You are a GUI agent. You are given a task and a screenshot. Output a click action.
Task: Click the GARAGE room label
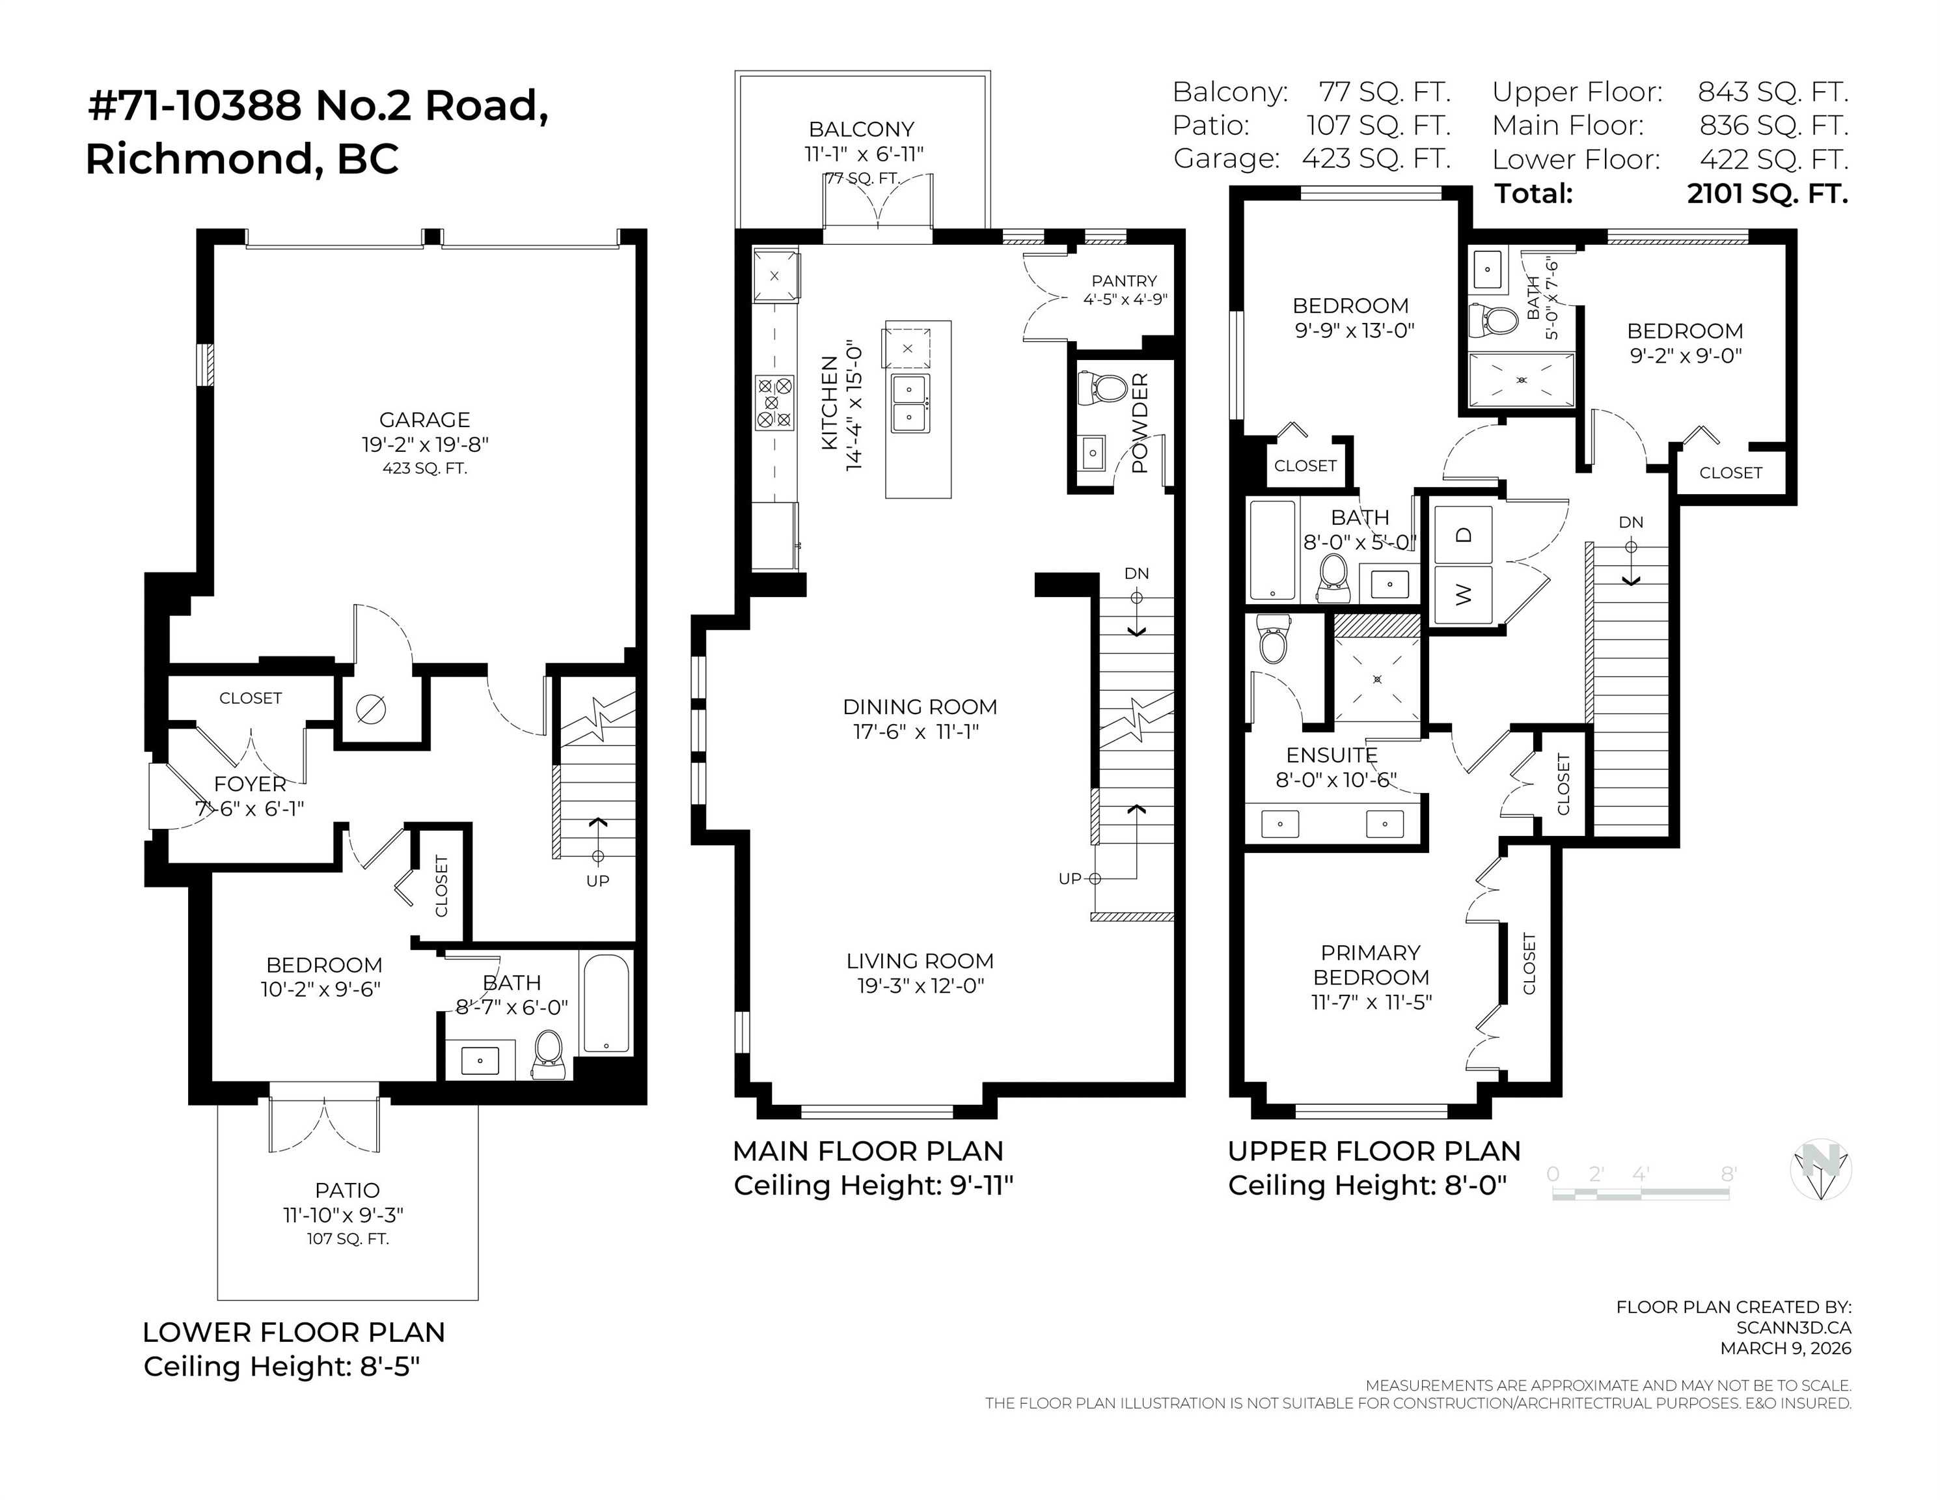(424, 419)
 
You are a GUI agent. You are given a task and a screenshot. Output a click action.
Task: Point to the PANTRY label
(1125, 281)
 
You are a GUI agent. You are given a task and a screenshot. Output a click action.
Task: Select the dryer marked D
(1463, 534)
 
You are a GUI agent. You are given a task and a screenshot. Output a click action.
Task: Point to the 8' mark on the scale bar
(1728, 1174)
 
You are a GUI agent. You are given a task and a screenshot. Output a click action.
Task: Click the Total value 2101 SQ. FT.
(1768, 193)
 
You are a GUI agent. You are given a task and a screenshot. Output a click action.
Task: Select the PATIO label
(348, 1190)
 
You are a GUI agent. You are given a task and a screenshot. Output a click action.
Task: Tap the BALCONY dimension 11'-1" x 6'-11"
(864, 154)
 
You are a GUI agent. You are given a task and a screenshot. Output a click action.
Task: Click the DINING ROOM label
(920, 706)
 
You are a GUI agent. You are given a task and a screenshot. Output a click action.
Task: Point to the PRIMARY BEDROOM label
(1371, 965)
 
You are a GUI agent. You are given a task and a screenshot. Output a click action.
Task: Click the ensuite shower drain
(1378, 680)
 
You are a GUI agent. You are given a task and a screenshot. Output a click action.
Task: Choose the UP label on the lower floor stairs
(598, 881)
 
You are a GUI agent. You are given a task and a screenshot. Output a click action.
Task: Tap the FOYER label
(251, 784)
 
